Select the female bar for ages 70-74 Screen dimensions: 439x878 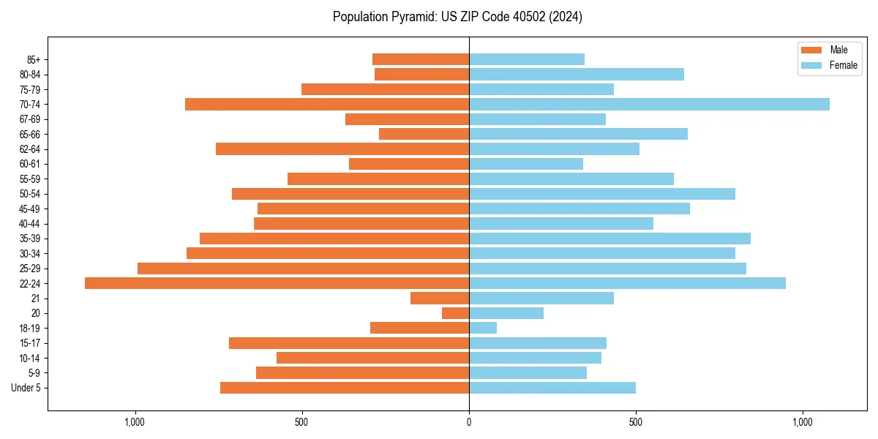(x=649, y=104)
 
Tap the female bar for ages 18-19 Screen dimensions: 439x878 (x=483, y=328)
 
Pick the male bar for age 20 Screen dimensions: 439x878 (x=455, y=313)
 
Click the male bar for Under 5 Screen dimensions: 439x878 (x=345, y=388)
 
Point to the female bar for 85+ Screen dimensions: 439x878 (x=527, y=59)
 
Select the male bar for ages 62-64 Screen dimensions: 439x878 (x=342, y=149)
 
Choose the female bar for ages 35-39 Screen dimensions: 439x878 (x=609, y=239)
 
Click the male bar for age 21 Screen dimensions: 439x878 (x=440, y=298)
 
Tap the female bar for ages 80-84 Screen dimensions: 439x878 (x=577, y=74)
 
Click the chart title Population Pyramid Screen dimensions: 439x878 (x=457, y=17)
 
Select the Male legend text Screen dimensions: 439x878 (x=838, y=50)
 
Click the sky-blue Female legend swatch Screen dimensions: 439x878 (x=811, y=65)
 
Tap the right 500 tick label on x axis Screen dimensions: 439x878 (x=636, y=422)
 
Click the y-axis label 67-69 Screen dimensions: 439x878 (x=30, y=119)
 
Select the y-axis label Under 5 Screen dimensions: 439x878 (x=26, y=388)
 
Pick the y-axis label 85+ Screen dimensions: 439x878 (x=33, y=59)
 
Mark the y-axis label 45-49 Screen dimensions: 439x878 (x=30, y=209)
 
